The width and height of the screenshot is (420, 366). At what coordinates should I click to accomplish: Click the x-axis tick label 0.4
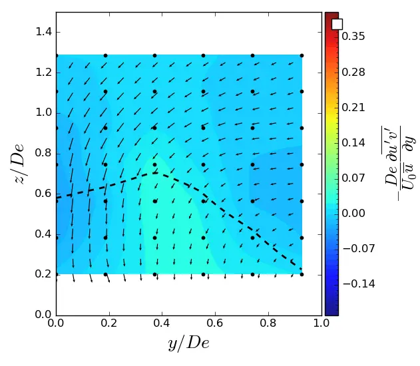pos(162,325)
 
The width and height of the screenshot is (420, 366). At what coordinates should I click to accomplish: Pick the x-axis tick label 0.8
pos(269,325)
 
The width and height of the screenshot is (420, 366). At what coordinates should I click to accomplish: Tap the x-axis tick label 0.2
pos(109,325)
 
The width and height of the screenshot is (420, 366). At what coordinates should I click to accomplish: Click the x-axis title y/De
pos(188,343)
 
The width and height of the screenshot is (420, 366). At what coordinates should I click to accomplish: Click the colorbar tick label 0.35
pos(353,37)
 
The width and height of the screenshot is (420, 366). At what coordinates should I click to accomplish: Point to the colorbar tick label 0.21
pos(353,107)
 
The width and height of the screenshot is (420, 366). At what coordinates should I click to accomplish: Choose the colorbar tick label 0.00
pos(353,213)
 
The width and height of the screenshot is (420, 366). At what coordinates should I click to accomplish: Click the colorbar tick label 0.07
pos(353,178)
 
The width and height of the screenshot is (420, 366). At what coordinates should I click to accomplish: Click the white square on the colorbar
pos(337,24)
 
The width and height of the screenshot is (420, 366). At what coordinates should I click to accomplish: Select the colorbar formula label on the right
pos(401,163)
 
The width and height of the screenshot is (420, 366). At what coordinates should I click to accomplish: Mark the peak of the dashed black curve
pos(154,173)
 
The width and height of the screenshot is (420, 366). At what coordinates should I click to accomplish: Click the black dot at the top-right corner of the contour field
pos(302,56)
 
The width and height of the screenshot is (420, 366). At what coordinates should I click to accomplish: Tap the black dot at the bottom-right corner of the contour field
pos(302,274)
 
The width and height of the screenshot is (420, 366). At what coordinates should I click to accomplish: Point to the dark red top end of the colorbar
pos(331,15)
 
